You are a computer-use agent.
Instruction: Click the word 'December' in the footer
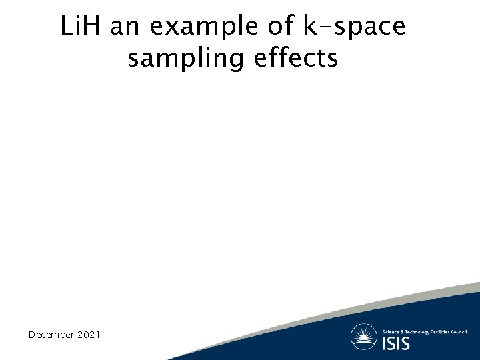pos(51,334)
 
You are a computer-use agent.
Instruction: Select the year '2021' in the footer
pos(89,334)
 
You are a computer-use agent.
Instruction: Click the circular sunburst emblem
pos(364,337)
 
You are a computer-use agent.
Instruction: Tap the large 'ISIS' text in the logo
pos(396,343)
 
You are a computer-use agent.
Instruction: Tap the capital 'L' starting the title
pos(66,27)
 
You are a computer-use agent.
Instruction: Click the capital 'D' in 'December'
pos(32,334)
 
